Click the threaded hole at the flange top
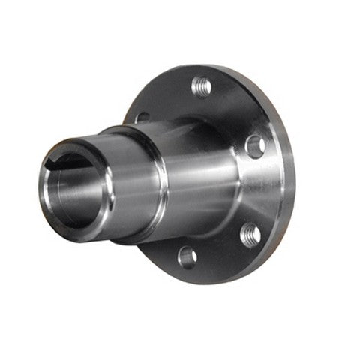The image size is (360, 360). click(x=201, y=87)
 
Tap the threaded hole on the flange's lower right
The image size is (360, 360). click(x=250, y=235)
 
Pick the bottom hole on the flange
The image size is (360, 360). click(x=187, y=257)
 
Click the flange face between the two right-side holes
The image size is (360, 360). click(x=266, y=191)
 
